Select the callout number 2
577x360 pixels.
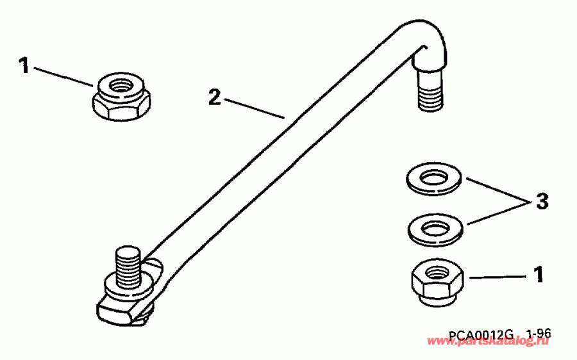(215, 98)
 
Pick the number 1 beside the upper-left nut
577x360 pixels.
(25, 66)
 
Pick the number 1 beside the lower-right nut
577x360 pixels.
(539, 275)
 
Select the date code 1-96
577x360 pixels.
(538, 334)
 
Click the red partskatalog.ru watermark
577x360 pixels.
(494, 344)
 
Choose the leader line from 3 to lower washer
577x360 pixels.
(497, 213)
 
